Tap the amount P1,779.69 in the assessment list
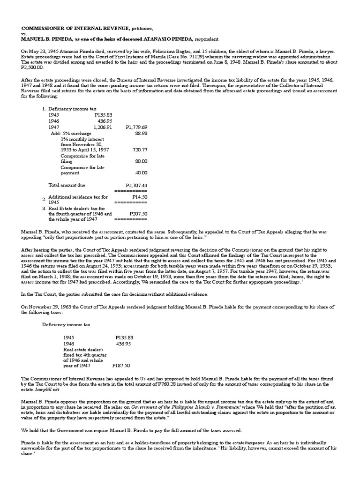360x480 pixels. click(136, 127)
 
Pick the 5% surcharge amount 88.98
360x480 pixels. click(141, 133)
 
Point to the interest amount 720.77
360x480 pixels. click(140, 150)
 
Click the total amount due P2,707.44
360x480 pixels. click(136, 185)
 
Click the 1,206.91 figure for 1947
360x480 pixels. click(103, 127)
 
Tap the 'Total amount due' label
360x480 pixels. click(67, 185)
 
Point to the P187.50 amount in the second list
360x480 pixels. click(121, 365)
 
